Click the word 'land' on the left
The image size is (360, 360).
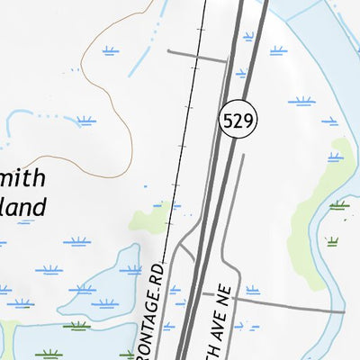click(x=22, y=208)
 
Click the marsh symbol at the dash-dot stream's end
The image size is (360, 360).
click(x=85, y=120)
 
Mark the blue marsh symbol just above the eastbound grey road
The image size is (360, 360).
click(x=253, y=291)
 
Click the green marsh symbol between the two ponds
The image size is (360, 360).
click(x=77, y=326)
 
